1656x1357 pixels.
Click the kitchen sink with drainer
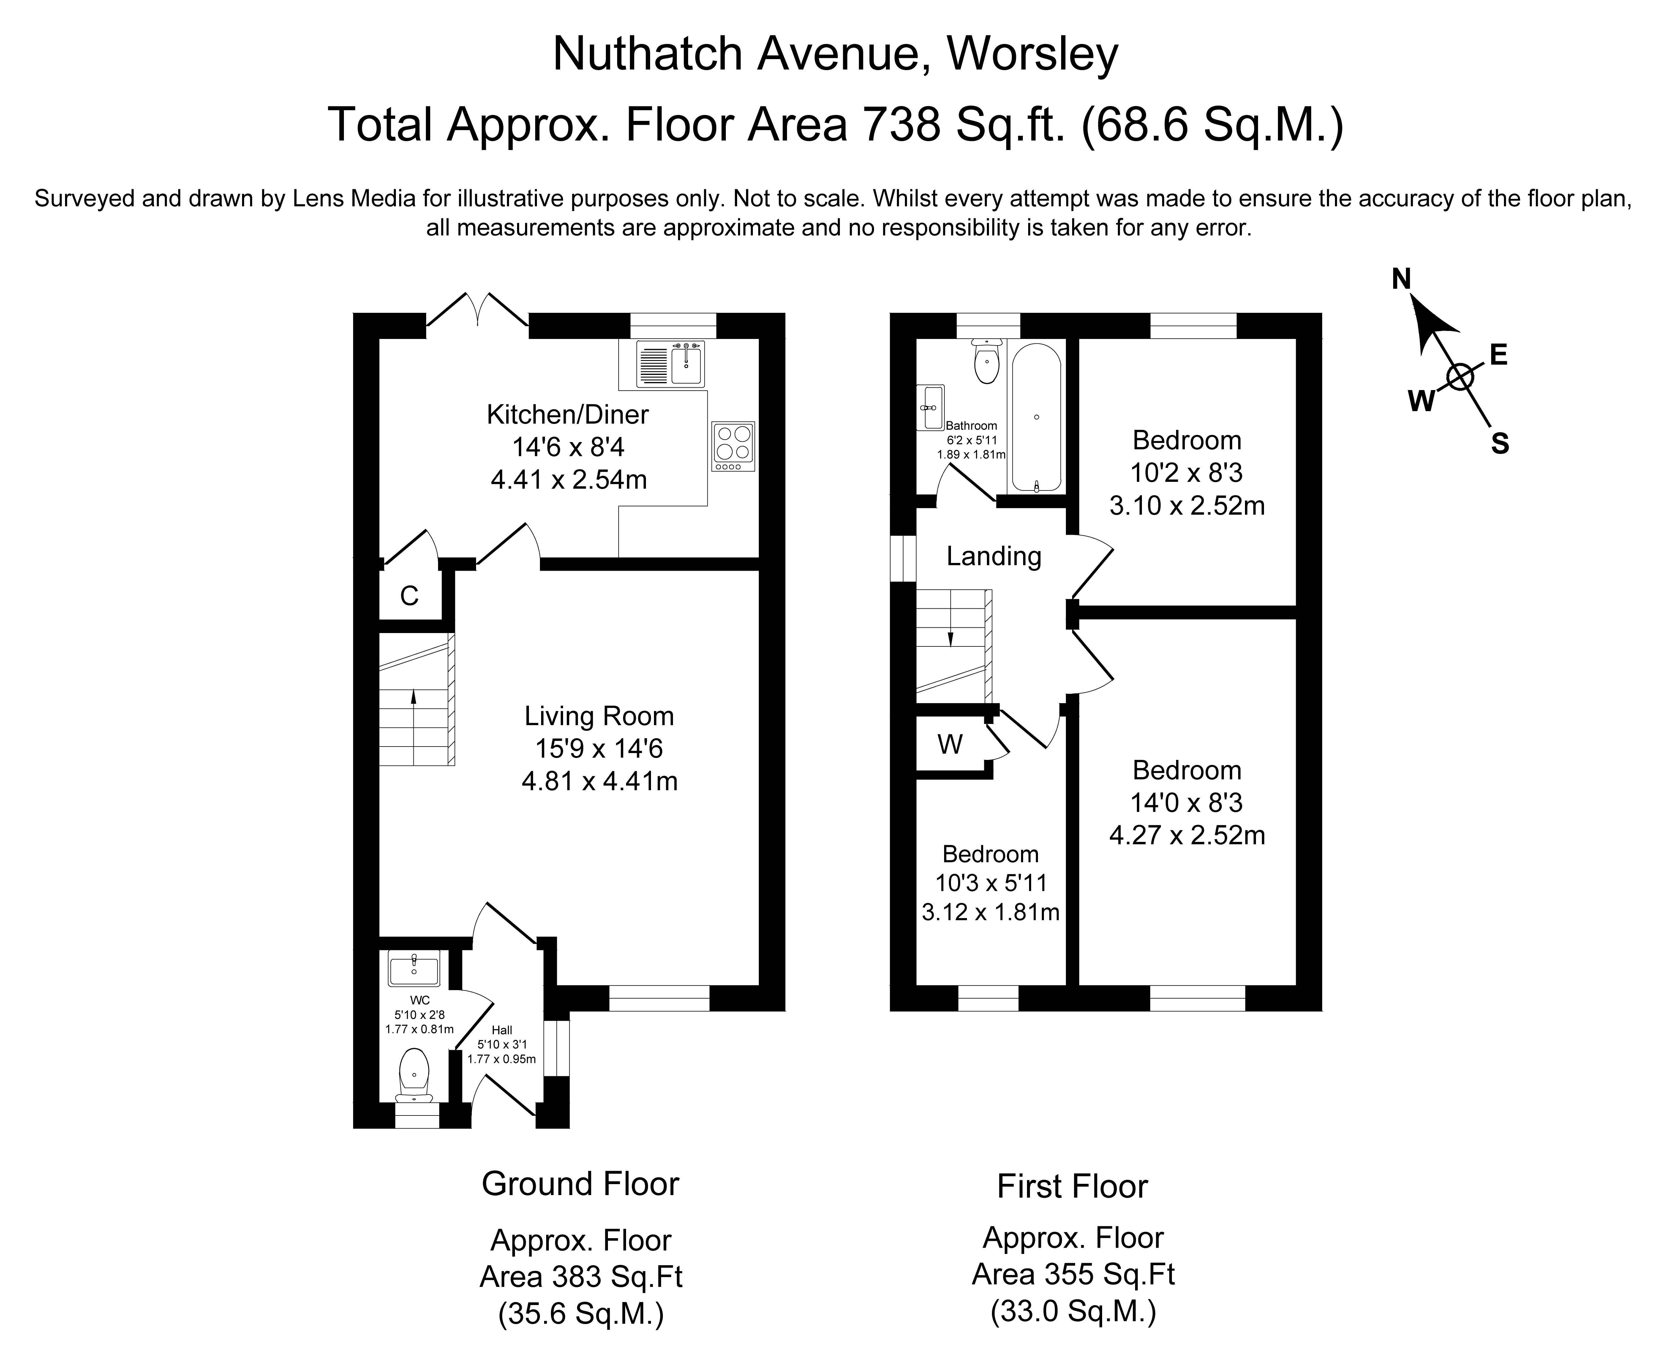(x=670, y=364)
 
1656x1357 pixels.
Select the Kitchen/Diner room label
(x=567, y=414)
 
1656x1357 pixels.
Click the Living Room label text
(x=599, y=716)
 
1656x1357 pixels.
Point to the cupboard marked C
(x=410, y=596)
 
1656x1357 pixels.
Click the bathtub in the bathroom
(x=1036, y=418)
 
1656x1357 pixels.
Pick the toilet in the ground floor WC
(x=414, y=1075)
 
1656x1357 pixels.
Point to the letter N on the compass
(x=1401, y=278)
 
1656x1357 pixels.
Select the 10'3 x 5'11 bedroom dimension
(x=990, y=883)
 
